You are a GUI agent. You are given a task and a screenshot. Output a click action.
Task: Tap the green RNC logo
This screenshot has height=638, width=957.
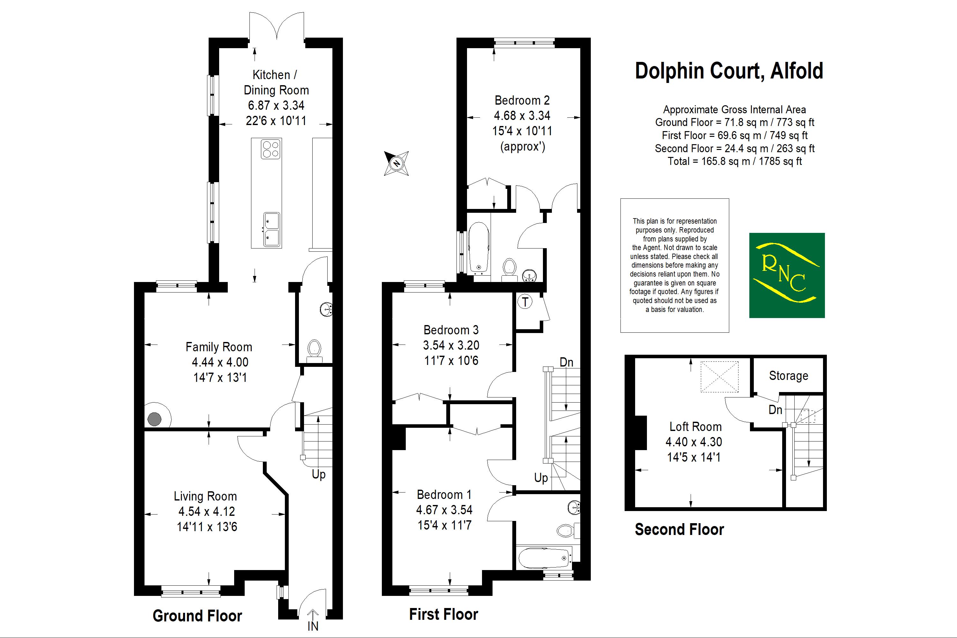click(787, 275)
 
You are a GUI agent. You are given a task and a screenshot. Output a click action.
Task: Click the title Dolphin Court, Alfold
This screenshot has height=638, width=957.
click(729, 71)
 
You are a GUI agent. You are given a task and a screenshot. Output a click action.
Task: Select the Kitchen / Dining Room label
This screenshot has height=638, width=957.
click(276, 82)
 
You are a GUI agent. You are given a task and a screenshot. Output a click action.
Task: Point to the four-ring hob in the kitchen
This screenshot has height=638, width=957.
click(271, 149)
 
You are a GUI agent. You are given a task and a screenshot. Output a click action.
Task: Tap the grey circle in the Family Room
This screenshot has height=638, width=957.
click(155, 419)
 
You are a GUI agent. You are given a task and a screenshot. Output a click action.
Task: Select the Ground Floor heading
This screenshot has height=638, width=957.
click(197, 616)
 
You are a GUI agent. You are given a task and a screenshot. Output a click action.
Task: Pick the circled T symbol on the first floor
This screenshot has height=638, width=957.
click(525, 302)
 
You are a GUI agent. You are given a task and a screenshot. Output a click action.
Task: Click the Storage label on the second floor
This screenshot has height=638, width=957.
click(788, 375)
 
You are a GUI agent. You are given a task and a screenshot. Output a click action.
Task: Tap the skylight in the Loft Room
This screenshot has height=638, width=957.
click(719, 376)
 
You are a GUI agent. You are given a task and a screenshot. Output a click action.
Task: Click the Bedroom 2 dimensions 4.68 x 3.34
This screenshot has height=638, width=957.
click(522, 115)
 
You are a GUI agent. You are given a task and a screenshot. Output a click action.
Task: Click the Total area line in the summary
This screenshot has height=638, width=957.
click(734, 161)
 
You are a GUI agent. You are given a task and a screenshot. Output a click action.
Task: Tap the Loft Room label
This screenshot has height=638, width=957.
click(695, 427)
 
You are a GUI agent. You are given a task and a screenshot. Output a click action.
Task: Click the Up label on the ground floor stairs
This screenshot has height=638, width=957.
click(319, 474)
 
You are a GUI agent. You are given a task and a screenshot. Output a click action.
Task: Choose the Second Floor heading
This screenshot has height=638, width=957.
click(679, 529)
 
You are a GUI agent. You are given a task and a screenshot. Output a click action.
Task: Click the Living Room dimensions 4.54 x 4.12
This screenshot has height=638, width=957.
click(207, 511)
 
